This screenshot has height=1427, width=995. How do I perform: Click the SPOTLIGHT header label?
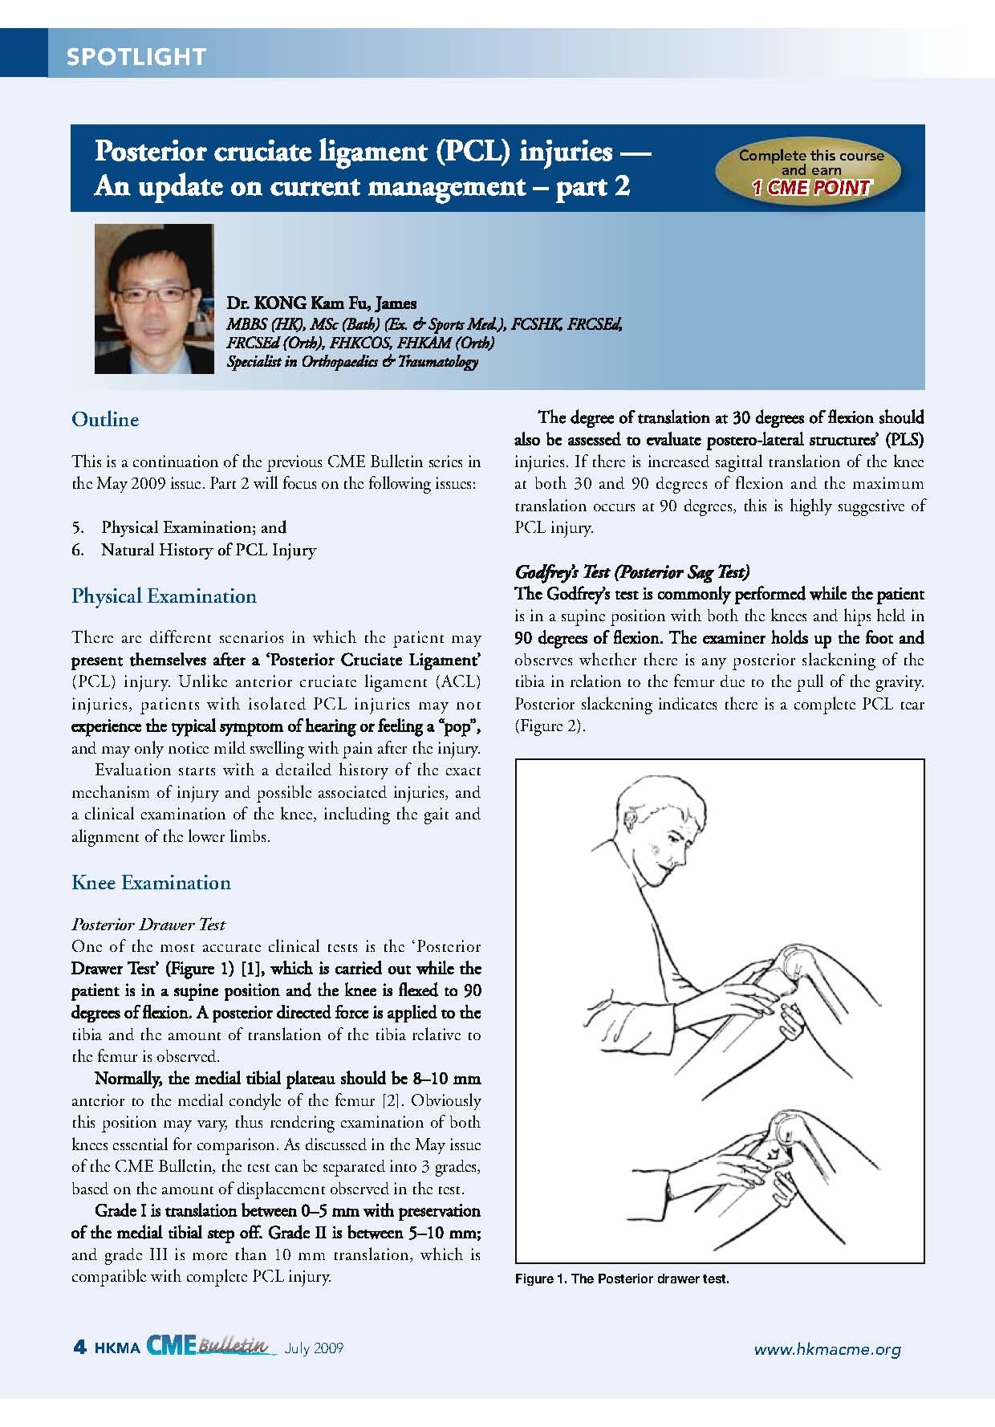(x=136, y=56)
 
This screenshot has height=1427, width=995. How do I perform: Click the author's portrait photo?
(x=154, y=299)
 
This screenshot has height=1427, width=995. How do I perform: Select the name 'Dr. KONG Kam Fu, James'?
(x=321, y=303)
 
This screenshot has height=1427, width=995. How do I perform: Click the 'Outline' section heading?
(x=105, y=420)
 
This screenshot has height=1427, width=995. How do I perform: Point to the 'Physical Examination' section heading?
(x=164, y=596)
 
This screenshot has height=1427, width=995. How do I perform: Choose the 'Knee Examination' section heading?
(x=151, y=883)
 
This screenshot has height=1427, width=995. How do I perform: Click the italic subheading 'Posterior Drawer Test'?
(x=148, y=925)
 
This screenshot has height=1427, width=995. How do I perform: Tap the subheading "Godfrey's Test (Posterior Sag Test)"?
(x=632, y=572)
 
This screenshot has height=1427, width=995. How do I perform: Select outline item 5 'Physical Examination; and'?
(x=193, y=527)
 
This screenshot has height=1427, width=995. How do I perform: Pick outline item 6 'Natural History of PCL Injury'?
(x=208, y=550)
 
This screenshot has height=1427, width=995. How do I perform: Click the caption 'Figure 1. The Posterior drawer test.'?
(x=622, y=1279)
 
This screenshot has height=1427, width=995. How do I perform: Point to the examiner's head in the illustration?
(x=654, y=827)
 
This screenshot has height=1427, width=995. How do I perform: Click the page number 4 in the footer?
(x=79, y=1348)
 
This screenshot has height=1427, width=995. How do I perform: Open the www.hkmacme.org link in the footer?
(x=826, y=1349)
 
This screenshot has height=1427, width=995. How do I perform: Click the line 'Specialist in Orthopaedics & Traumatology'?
(x=352, y=362)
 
